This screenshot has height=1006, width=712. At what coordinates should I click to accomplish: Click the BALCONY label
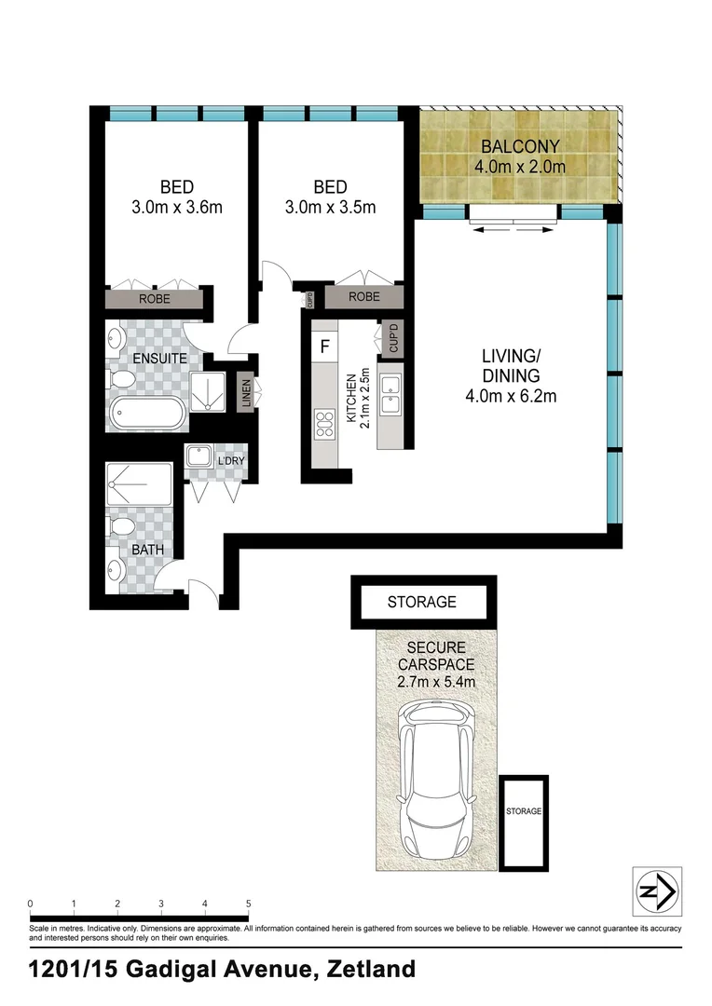pyautogui.click(x=520, y=146)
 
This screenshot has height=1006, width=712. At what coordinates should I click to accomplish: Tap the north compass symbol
pyautogui.click(x=656, y=891)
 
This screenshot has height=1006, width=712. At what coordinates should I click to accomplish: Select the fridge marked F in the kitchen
pyautogui.click(x=324, y=347)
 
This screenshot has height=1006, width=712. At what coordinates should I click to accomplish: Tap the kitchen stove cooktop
pyautogui.click(x=325, y=424)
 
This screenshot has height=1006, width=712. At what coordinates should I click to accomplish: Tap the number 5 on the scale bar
pyautogui.click(x=248, y=904)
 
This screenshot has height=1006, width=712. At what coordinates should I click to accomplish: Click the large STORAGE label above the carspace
pyautogui.click(x=421, y=602)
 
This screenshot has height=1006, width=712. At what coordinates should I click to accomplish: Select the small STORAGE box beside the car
pyautogui.click(x=524, y=811)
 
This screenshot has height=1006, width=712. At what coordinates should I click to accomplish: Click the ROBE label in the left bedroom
pyautogui.click(x=154, y=300)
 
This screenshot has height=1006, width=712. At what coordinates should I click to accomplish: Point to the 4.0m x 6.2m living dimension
pyautogui.click(x=511, y=397)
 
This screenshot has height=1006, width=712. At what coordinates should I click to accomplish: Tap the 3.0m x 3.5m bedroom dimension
pyautogui.click(x=330, y=207)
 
